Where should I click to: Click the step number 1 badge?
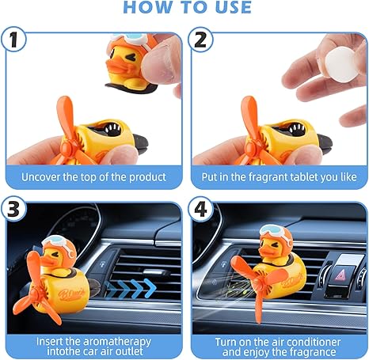(x=13, y=40)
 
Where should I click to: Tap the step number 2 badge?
(x=200, y=40)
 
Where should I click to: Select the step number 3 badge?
(x=13, y=210)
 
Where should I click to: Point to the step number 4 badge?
(x=200, y=210)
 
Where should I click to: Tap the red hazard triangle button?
(x=342, y=275)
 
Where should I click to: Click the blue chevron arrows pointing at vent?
(x=131, y=289)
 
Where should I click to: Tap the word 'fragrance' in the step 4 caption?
(x=313, y=352)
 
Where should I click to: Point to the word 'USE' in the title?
(x=234, y=7)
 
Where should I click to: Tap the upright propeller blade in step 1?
(x=66, y=116)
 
